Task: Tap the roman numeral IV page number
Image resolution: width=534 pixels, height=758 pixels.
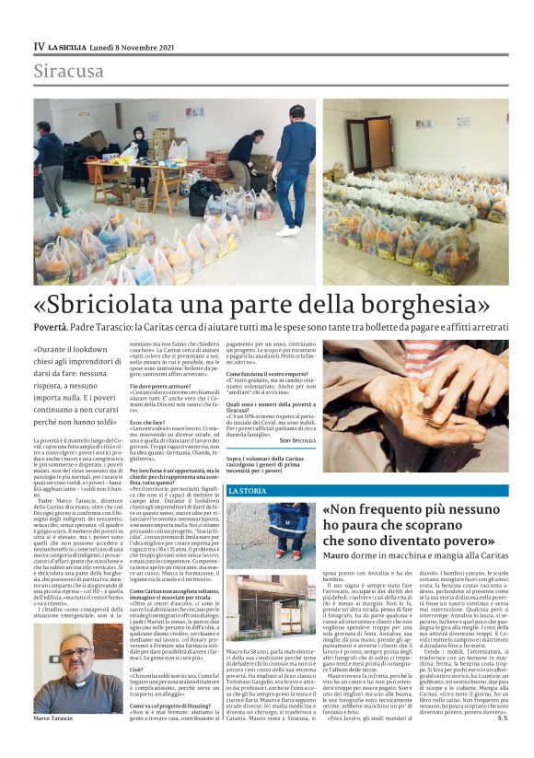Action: (39, 45)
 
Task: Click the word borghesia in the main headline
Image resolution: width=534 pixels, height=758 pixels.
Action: (413, 304)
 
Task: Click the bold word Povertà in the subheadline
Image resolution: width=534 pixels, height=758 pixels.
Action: (52, 327)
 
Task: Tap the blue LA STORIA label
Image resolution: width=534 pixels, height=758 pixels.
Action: (248, 491)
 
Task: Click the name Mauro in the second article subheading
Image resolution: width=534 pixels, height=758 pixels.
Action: (336, 556)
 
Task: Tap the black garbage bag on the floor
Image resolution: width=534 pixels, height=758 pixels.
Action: (199, 194)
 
